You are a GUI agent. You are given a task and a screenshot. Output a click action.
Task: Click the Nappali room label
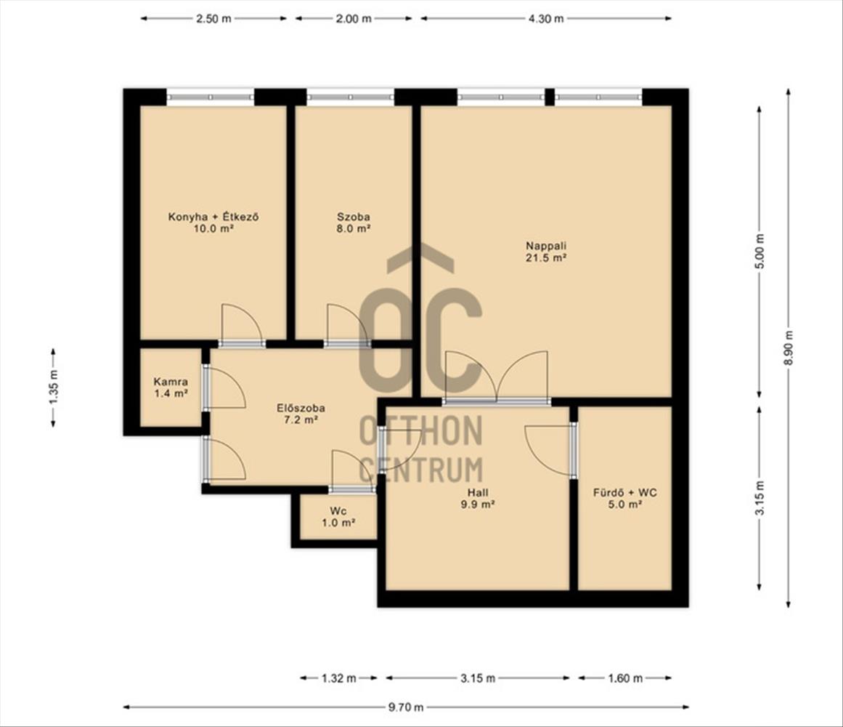tap(546, 246)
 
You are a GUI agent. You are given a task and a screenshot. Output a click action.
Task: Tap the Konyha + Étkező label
tap(214, 217)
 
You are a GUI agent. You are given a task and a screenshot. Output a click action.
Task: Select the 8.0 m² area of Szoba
tap(353, 229)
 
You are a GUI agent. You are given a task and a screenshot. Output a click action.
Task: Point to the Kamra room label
tap(171, 382)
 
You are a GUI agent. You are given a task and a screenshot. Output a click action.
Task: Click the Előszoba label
tap(301, 408)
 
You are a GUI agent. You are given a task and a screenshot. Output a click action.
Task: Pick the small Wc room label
tap(338, 510)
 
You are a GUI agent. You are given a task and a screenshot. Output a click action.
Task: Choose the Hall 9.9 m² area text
tap(478, 505)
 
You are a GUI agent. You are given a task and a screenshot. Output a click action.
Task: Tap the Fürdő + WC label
tap(624, 492)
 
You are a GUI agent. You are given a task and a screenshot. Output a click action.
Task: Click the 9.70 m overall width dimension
tap(406, 707)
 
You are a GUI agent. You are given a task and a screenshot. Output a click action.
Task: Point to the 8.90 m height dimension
tap(788, 347)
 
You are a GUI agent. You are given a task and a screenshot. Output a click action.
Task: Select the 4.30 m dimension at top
tap(546, 19)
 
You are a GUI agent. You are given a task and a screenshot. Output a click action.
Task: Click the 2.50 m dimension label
tap(213, 19)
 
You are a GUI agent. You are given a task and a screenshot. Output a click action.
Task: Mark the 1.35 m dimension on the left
tap(53, 387)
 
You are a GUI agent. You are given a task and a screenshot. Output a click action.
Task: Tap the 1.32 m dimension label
tap(338, 678)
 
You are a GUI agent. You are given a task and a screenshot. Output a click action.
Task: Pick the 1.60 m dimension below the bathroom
tap(624, 678)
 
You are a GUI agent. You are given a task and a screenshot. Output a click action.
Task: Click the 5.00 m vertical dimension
tap(759, 252)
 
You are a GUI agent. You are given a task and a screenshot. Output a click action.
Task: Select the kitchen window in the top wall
tap(210, 97)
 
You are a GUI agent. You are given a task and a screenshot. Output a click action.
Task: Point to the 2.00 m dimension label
tap(353, 19)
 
